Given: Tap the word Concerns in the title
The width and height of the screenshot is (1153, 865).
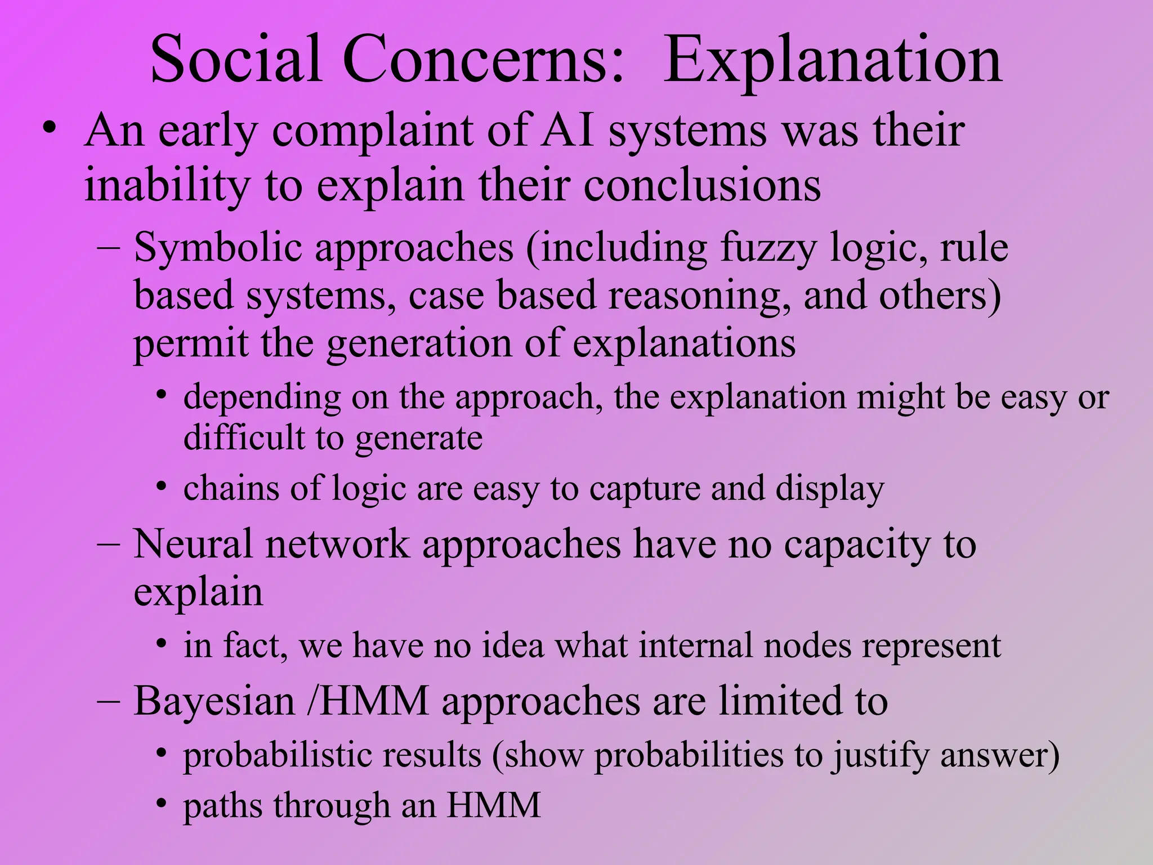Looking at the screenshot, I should tap(482, 60).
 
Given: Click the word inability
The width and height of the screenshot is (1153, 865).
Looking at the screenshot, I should tap(167, 186).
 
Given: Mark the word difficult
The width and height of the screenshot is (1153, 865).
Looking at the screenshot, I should tap(244, 438).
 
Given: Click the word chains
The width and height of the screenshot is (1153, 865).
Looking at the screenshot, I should tap(231, 488).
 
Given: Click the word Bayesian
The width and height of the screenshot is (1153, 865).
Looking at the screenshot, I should tap(214, 702).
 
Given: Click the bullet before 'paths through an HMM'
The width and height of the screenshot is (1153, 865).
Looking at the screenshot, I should tap(162, 804).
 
